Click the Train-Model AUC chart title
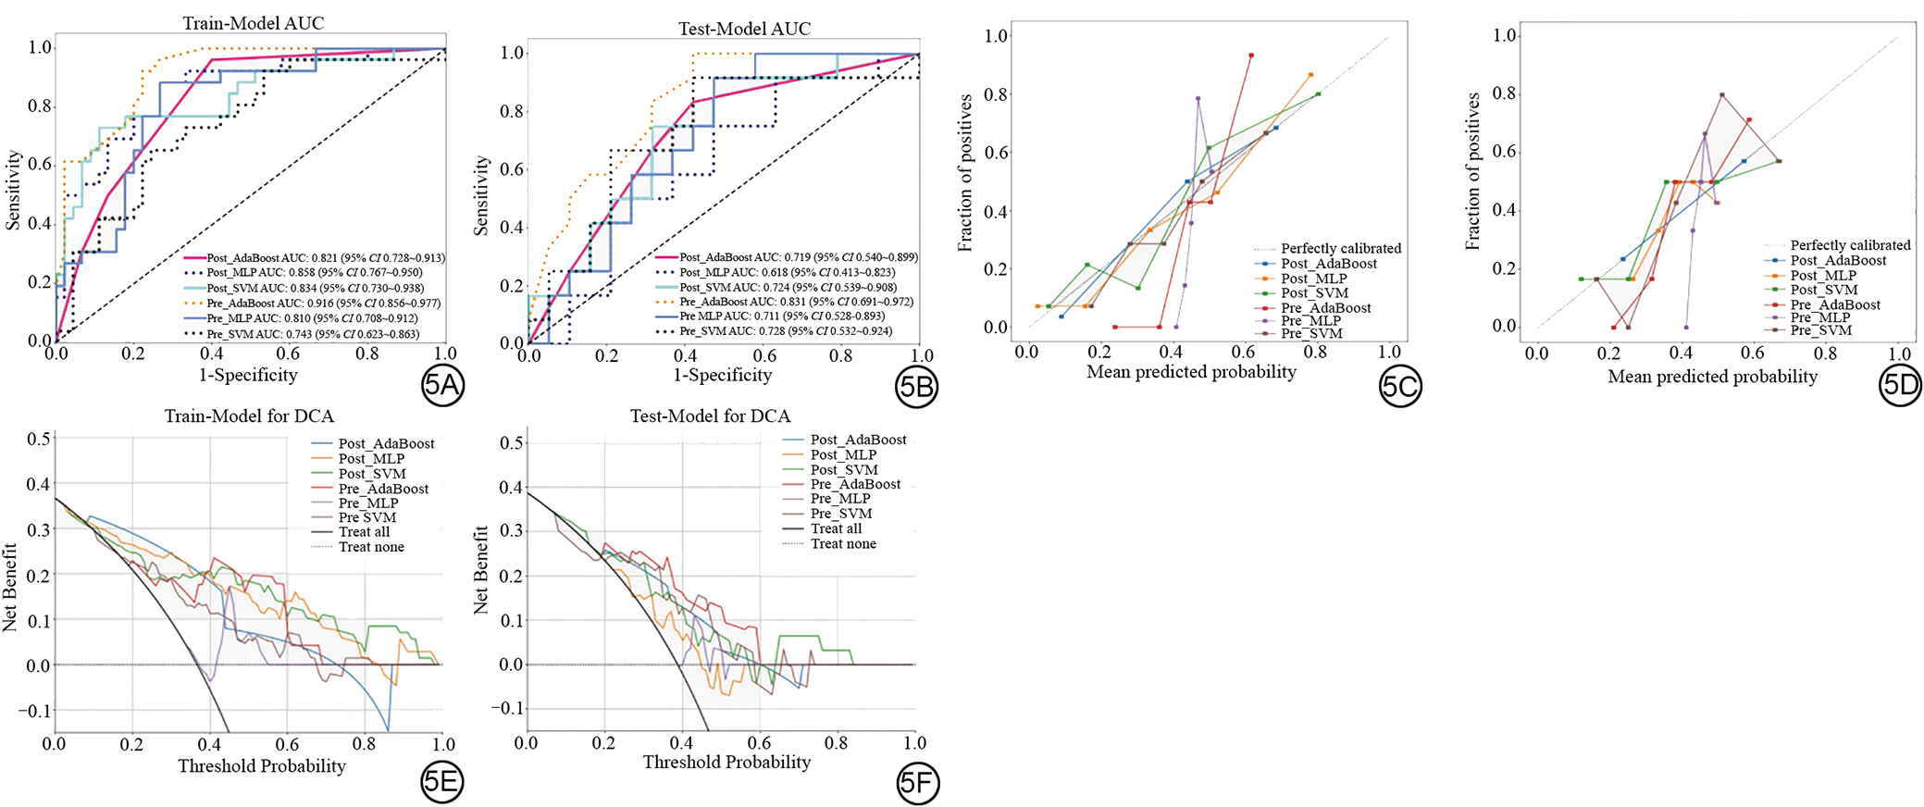coord(253,23)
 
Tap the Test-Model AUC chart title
coord(744,29)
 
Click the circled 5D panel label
coord(1900,385)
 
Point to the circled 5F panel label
coord(917,784)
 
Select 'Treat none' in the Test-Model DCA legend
coord(843,544)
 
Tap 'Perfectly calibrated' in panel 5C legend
coord(1340,248)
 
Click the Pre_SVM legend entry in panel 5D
coord(1820,330)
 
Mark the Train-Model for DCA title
coord(249,416)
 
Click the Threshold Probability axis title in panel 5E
coord(262,766)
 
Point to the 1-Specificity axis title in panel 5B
coord(722,375)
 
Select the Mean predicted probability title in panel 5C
coord(1191,372)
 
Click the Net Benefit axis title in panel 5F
coord(480,570)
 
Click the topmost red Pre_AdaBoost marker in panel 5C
coord(1251,56)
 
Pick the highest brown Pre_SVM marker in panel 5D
coord(1722,94)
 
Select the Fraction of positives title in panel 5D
coord(1472,171)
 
